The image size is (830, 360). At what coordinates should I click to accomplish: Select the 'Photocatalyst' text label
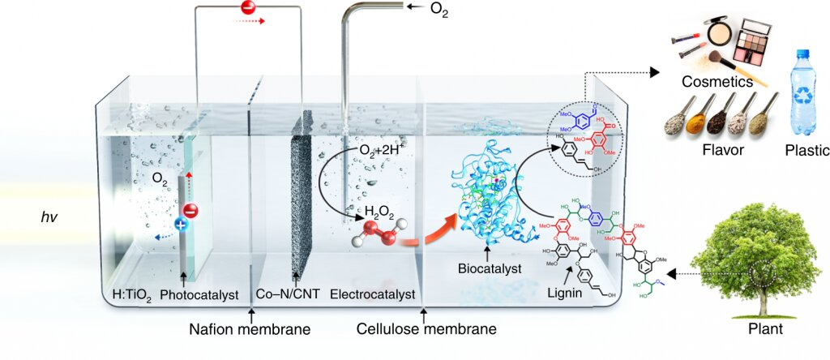pyautogui.click(x=200, y=295)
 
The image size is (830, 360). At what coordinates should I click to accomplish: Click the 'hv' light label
pyautogui.click(x=50, y=216)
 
